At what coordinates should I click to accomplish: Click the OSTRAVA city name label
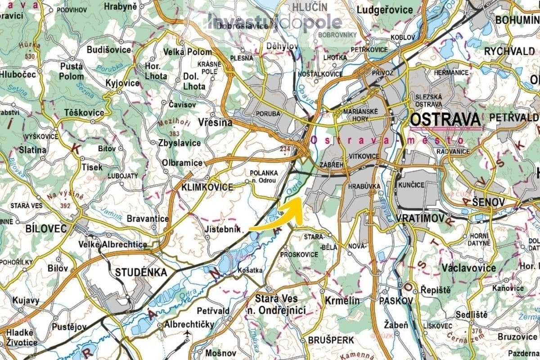445,120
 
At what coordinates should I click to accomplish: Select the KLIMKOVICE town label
207,187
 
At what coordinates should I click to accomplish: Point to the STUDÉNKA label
141,272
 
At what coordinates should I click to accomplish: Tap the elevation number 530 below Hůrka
30,56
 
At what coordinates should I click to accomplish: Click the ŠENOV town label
489,203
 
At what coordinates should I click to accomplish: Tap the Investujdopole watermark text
274,22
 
